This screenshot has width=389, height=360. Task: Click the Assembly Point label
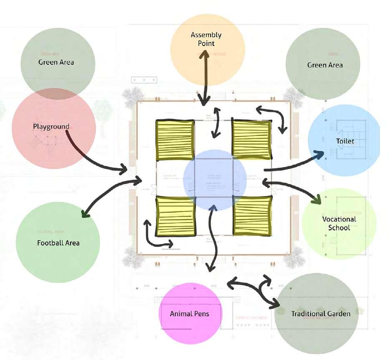click(x=206, y=39)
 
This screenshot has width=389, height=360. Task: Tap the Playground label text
click(x=51, y=126)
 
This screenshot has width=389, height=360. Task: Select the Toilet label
click(x=345, y=141)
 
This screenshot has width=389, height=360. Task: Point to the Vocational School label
click(x=339, y=223)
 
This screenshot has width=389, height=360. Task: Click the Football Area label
click(x=58, y=243)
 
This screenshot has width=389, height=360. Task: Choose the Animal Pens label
click(x=189, y=313)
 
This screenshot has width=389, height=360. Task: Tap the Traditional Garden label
click(x=321, y=313)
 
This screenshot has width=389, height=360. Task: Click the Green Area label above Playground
click(x=56, y=62)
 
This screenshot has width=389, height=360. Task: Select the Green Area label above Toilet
click(x=325, y=65)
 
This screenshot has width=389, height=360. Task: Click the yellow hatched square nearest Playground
click(x=175, y=140)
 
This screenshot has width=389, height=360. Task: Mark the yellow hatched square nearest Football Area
click(x=175, y=216)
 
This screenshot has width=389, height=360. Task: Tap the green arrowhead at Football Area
click(x=85, y=214)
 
